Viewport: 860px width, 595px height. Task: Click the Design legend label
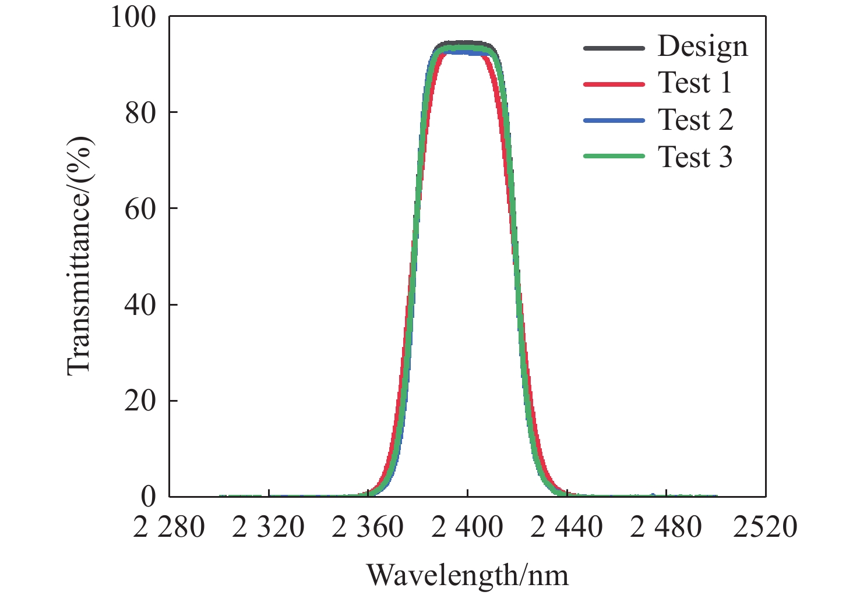tap(703, 47)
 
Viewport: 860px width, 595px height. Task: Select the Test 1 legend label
tap(695, 83)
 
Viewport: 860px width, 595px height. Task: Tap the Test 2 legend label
tap(695, 120)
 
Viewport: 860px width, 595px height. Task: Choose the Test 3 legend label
tap(695, 157)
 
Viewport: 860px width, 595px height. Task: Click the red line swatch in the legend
tap(614, 84)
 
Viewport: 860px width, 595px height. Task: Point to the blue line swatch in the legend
tap(614, 121)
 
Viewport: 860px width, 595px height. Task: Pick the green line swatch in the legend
tap(614, 157)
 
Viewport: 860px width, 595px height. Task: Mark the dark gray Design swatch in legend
tap(614, 48)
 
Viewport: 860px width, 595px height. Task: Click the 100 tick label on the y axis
tap(133, 17)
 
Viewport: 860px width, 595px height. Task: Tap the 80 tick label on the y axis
tap(141, 112)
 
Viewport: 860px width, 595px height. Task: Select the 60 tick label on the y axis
tap(141, 208)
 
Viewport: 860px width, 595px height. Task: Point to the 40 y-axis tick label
tap(141, 304)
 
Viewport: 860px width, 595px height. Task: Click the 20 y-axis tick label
tap(141, 401)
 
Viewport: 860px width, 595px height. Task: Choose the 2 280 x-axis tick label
tap(169, 527)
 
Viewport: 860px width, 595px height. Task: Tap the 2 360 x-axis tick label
tap(368, 527)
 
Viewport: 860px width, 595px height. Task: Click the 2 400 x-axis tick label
tap(467, 527)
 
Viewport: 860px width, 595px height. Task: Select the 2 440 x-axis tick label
tap(567, 527)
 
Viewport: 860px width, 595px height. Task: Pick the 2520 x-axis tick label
tap(766, 527)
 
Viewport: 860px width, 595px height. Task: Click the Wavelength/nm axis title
tap(467, 575)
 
